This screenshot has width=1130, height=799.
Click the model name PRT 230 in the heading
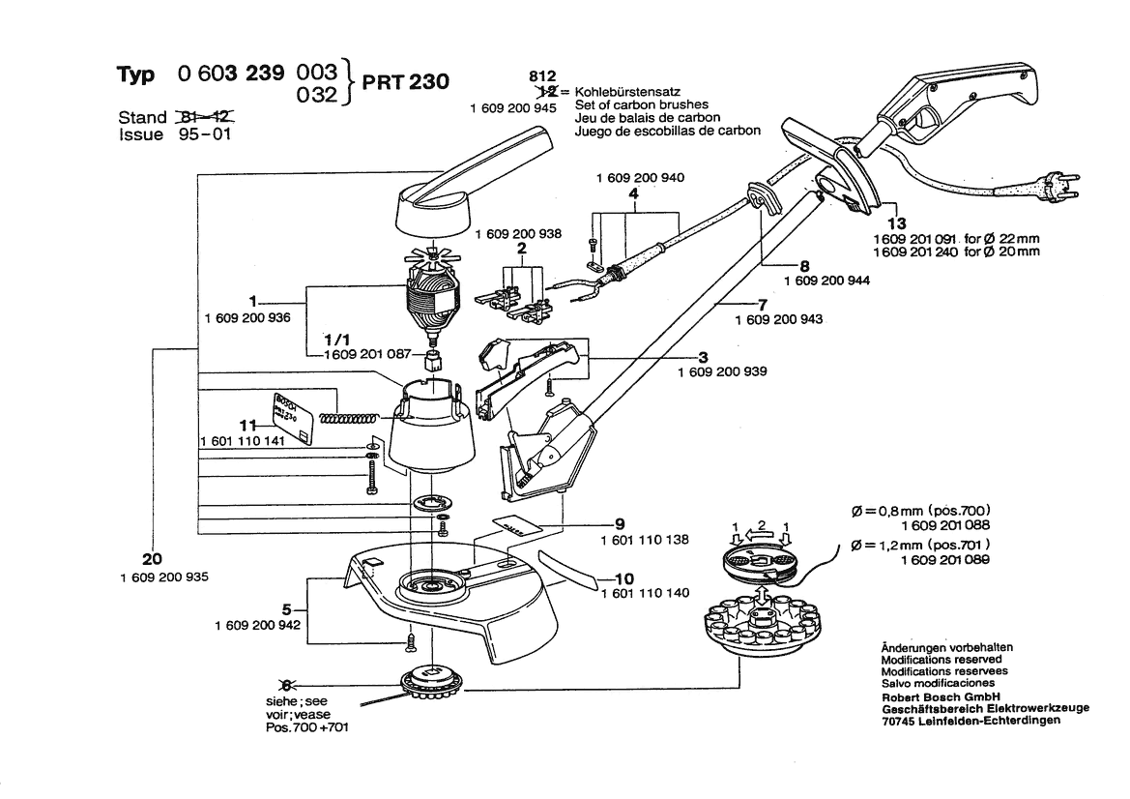click(x=405, y=82)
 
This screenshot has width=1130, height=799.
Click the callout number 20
click(x=152, y=559)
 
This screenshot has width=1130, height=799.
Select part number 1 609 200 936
click(x=247, y=317)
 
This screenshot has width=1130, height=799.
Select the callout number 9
click(x=620, y=523)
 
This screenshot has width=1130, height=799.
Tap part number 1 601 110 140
click(x=645, y=593)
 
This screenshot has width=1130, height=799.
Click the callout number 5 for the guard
click(x=286, y=609)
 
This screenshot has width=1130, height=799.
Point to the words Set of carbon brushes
click(x=641, y=104)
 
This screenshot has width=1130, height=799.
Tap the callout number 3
click(x=705, y=357)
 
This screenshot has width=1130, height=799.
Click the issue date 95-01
click(x=206, y=134)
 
